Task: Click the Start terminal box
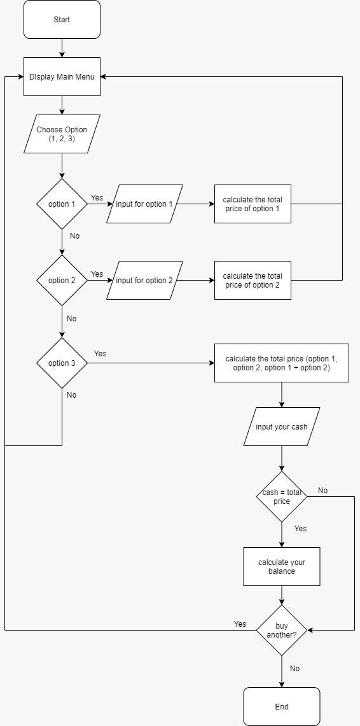pyautogui.click(x=62, y=20)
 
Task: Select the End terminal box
pyautogui.click(x=281, y=706)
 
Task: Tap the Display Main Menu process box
pyautogui.click(x=62, y=77)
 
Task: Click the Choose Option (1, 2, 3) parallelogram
pyautogui.click(x=62, y=134)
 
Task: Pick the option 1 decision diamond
pyautogui.click(x=62, y=204)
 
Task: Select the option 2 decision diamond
pyautogui.click(x=62, y=281)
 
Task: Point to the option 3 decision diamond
pyautogui.click(x=62, y=363)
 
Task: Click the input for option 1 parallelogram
pyautogui.click(x=144, y=204)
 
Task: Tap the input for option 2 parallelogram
pyautogui.click(x=144, y=281)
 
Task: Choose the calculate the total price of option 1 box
pyautogui.click(x=253, y=204)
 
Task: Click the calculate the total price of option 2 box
pyautogui.click(x=253, y=281)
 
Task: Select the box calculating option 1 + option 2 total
pyautogui.click(x=281, y=363)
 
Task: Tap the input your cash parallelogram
pyautogui.click(x=281, y=427)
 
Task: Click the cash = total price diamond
pyautogui.click(x=281, y=497)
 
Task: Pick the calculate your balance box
pyautogui.click(x=281, y=567)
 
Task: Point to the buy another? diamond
pyautogui.click(x=281, y=631)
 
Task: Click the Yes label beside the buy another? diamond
pyautogui.click(x=240, y=624)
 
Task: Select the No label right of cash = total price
pyautogui.click(x=322, y=491)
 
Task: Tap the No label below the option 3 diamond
pyautogui.click(x=71, y=395)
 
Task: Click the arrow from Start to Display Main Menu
pyautogui.click(x=62, y=48)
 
